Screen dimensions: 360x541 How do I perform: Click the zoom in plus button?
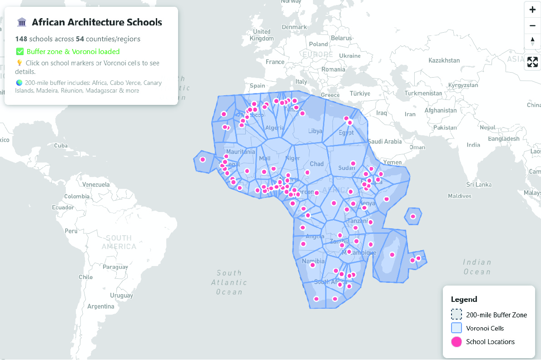point(532,10)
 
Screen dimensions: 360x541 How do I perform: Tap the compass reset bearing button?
point(532,41)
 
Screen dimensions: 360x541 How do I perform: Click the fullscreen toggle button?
point(532,62)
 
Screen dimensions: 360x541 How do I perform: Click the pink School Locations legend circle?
point(457,342)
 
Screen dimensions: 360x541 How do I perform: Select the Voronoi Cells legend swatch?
point(457,328)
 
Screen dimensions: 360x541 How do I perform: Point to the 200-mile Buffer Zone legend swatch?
point(457,315)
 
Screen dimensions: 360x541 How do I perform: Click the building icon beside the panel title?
point(21,22)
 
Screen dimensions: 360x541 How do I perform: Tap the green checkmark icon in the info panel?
point(20,52)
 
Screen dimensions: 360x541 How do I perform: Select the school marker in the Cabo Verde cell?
point(203,159)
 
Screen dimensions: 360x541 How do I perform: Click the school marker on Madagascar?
point(392,255)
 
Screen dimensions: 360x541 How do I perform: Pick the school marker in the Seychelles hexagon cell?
point(413,217)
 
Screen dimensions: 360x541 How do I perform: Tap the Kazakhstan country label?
point(444,60)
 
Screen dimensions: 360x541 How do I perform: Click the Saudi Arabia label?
point(385,141)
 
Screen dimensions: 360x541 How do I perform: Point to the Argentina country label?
point(101,306)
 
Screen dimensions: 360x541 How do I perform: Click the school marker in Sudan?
point(353,163)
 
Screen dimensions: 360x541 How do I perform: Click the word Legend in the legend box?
point(464,300)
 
